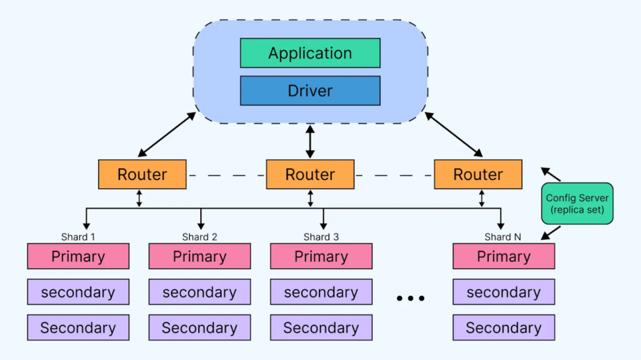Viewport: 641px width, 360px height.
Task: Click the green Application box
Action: coord(310,54)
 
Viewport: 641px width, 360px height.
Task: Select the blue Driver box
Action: coord(310,91)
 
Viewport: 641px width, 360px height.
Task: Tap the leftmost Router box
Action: coord(142,174)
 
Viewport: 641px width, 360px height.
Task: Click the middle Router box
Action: coord(310,174)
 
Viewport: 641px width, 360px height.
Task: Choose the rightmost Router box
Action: coord(478,174)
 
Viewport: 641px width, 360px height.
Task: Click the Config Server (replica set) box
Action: coord(577,204)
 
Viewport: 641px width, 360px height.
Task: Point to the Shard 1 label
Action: coord(78,237)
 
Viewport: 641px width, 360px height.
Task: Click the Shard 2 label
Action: coord(200,237)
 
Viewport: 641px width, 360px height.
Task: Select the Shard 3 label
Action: coord(321,237)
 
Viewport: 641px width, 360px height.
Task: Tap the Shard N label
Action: coord(503,237)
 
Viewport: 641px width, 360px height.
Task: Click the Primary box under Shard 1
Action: coord(78,256)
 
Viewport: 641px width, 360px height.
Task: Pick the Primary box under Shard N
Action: coord(503,256)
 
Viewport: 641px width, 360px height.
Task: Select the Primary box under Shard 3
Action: coord(321,256)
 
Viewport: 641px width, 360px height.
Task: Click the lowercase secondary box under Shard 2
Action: coord(200,293)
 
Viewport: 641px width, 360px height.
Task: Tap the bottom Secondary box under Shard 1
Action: coord(78,328)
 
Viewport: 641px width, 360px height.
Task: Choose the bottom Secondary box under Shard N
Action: coord(503,328)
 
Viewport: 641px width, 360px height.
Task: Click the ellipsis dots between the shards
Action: coord(410,298)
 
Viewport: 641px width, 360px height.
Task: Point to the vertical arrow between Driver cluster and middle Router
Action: coord(310,142)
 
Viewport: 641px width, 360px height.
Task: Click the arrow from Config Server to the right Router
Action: coord(551,174)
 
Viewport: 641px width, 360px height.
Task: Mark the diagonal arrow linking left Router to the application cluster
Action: coord(168,134)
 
